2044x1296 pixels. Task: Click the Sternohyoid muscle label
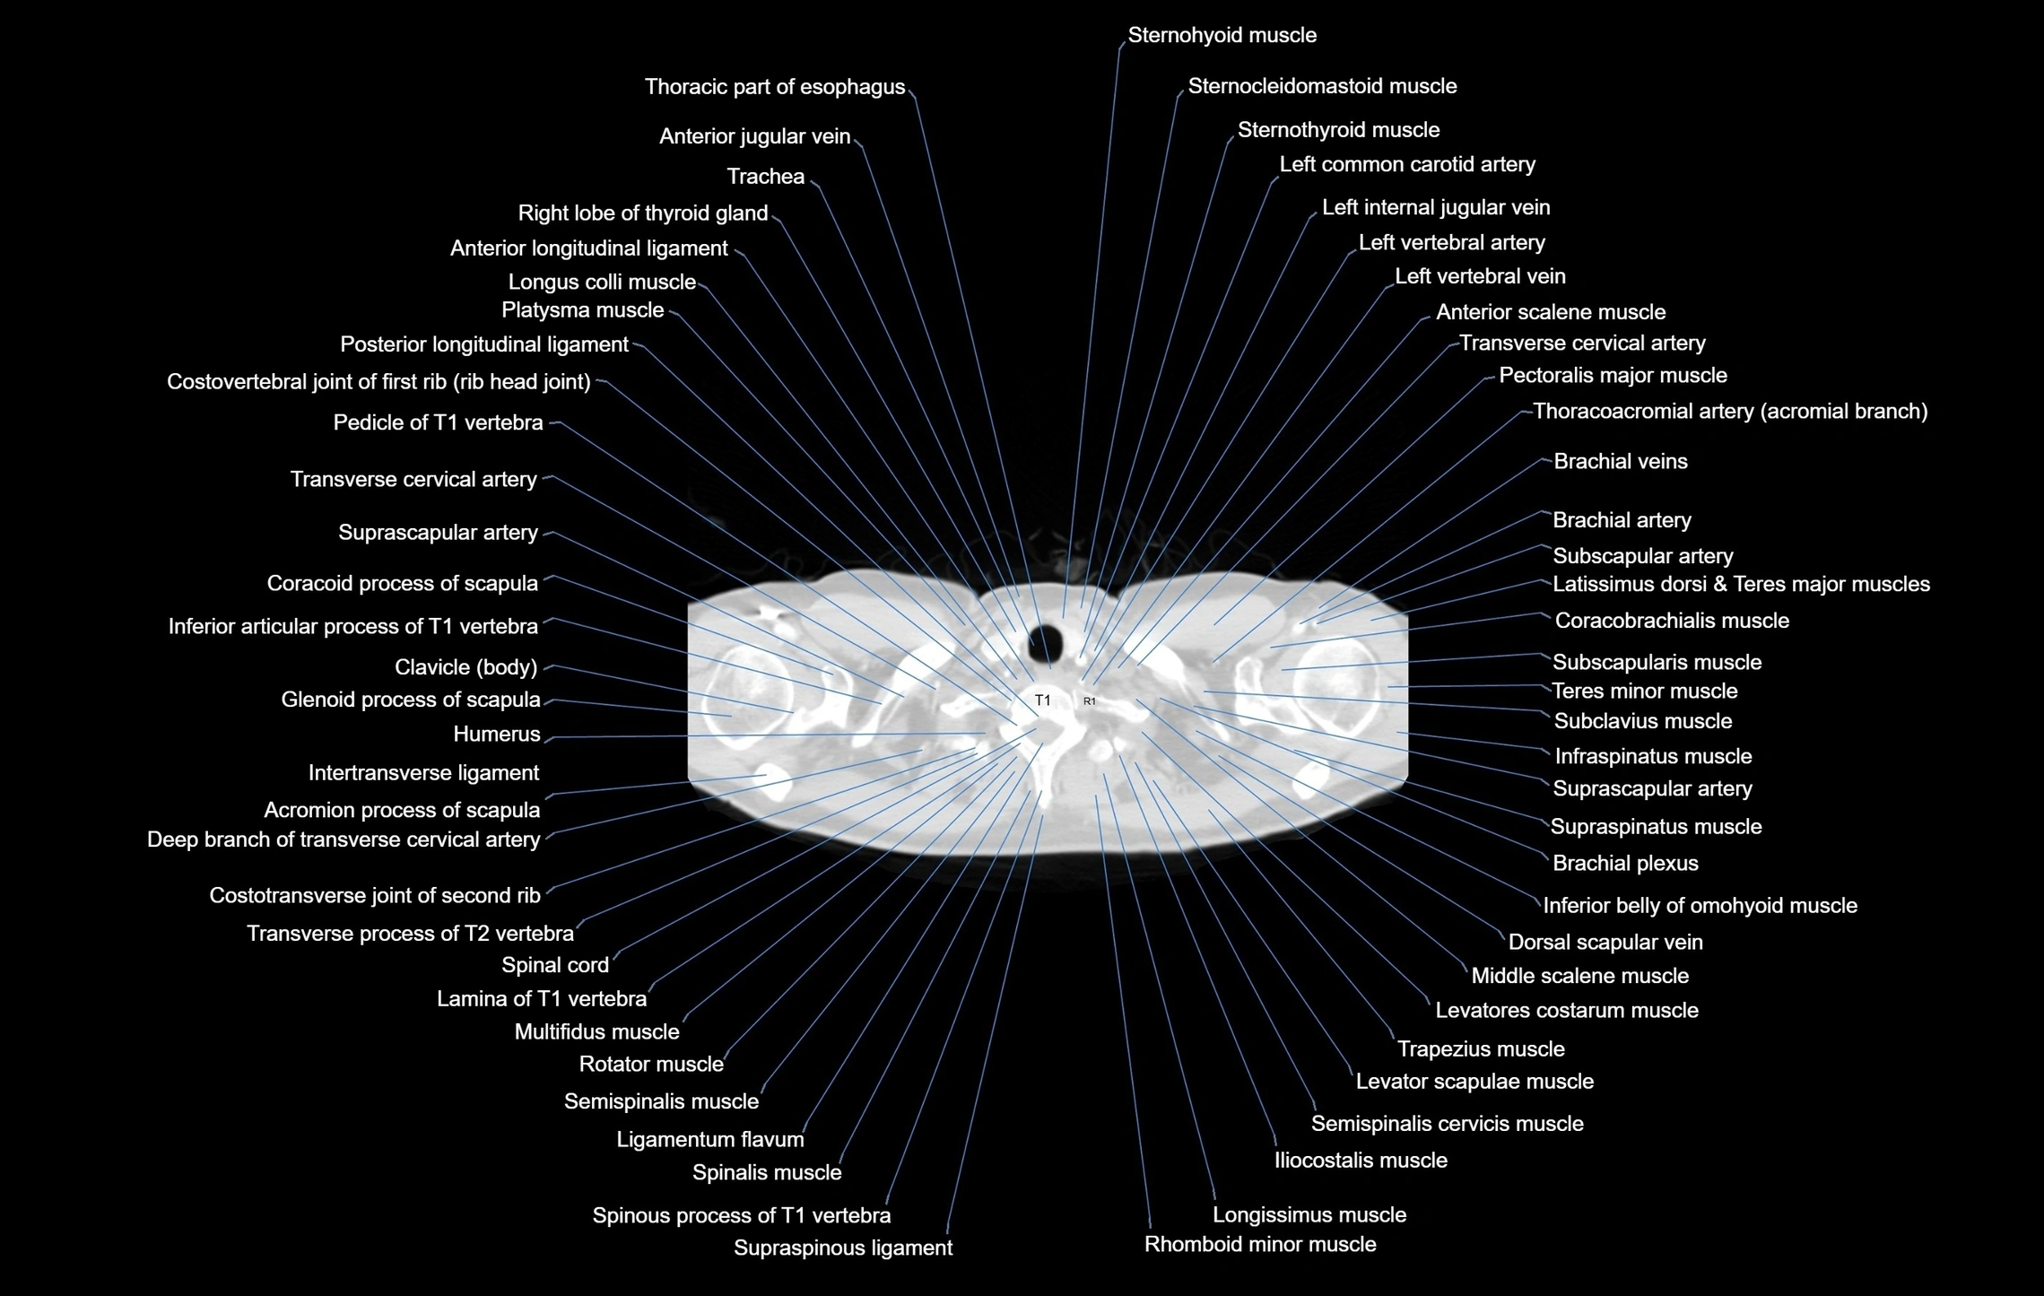(1222, 36)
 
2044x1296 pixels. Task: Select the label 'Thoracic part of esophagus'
(774, 87)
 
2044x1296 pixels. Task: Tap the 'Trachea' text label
(765, 177)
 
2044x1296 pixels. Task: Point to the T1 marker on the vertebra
(1042, 700)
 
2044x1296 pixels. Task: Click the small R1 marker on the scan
(1089, 701)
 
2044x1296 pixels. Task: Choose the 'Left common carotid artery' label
(1406, 165)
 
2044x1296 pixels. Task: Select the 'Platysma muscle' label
(582, 310)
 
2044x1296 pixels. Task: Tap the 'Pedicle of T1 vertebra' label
(438, 423)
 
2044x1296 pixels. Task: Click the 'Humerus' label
(496, 735)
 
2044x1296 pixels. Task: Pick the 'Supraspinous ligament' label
(842, 1248)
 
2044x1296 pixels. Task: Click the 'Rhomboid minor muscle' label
(1259, 1245)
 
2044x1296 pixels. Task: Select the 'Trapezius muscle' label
(1480, 1049)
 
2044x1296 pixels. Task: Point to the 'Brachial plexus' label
(1624, 864)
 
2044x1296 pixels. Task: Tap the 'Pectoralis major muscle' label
(1612, 376)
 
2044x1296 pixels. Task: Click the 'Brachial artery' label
(1621, 521)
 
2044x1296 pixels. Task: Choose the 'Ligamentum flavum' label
(709, 1140)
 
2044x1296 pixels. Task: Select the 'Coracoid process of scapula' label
(402, 584)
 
